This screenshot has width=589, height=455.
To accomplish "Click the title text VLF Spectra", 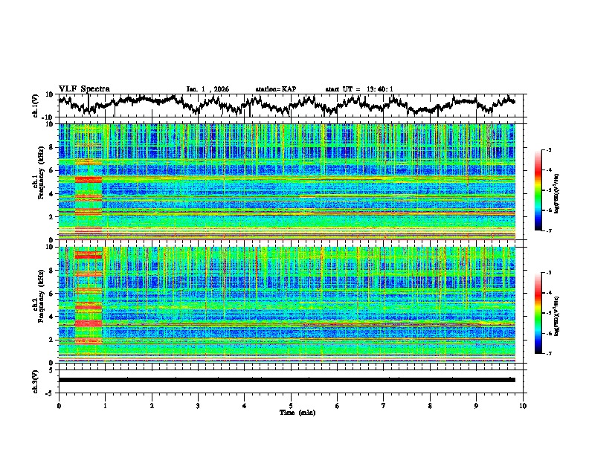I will pyautogui.click(x=84, y=88).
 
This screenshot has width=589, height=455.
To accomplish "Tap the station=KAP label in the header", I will pyautogui.click(x=275, y=89).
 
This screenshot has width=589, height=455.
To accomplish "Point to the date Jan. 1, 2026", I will pyautogui.click(x=207, y=89).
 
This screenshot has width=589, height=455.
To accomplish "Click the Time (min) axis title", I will pyautogui.click(x=291, y=412).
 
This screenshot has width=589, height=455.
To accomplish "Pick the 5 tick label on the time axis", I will pyautogui.click(x=291, y=404).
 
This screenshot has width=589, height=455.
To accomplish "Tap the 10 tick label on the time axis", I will pyautogui.click(x=523, y=404).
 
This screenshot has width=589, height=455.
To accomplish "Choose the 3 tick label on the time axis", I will pyautogui.click(x=198, y=404).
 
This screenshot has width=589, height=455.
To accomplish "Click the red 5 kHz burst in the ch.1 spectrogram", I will pyautogui.click(x=88, y=179).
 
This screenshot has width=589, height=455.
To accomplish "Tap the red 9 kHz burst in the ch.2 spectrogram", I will pyautogui.click(x=88, y=255).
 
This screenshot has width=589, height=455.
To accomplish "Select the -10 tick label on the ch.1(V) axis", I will pyautogui.click(x=48, y=117).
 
